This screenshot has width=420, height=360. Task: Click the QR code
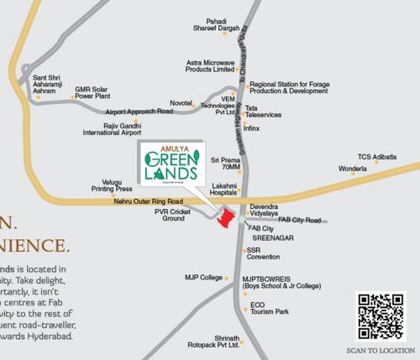point(381,316)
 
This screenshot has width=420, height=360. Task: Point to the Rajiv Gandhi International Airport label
point(111,128)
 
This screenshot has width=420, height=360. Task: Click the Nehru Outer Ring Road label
point(149,202)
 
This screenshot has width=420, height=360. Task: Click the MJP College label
point(204,277)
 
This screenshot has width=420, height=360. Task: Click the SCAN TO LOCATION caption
point(381,351)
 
